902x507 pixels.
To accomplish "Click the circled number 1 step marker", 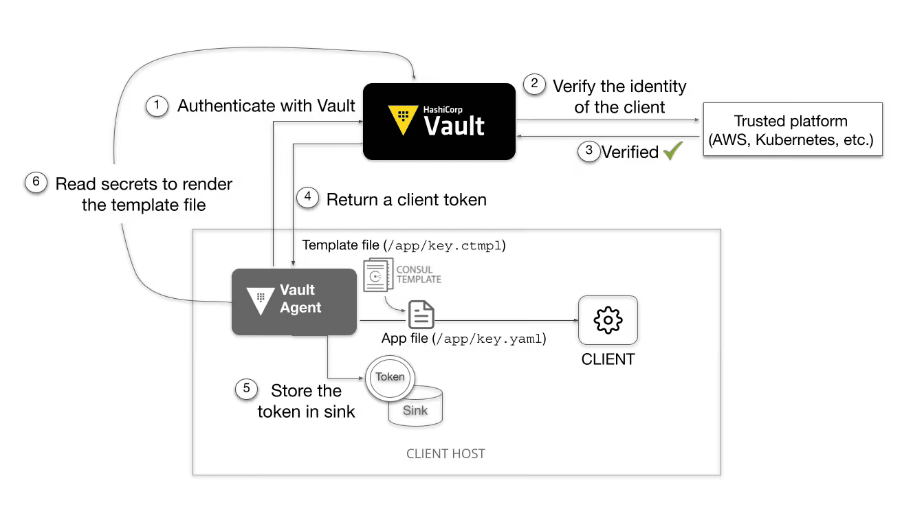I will [x=157, y=106].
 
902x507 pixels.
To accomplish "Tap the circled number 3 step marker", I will [x=588, y=152].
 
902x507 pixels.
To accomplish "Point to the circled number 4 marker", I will [x=308, y=198].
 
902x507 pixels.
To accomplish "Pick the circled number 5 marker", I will [x=245, y=389].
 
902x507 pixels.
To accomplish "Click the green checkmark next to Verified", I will [x=671, y=151].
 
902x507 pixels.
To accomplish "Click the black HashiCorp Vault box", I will [x=439, y=122].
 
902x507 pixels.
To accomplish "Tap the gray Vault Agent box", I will [x=294, y=302].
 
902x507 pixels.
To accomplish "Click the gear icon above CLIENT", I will [x=608, y=320].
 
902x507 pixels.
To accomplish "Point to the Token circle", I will [x=390, y=376].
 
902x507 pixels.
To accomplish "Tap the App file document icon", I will [x=421, y=315].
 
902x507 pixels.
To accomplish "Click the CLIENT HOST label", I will [x=445, y=454].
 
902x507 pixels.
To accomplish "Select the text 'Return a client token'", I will [x=406, y=200].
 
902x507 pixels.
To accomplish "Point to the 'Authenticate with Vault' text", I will [x=266, y=106].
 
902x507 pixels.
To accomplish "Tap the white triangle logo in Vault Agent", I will [x=261, y=300].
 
